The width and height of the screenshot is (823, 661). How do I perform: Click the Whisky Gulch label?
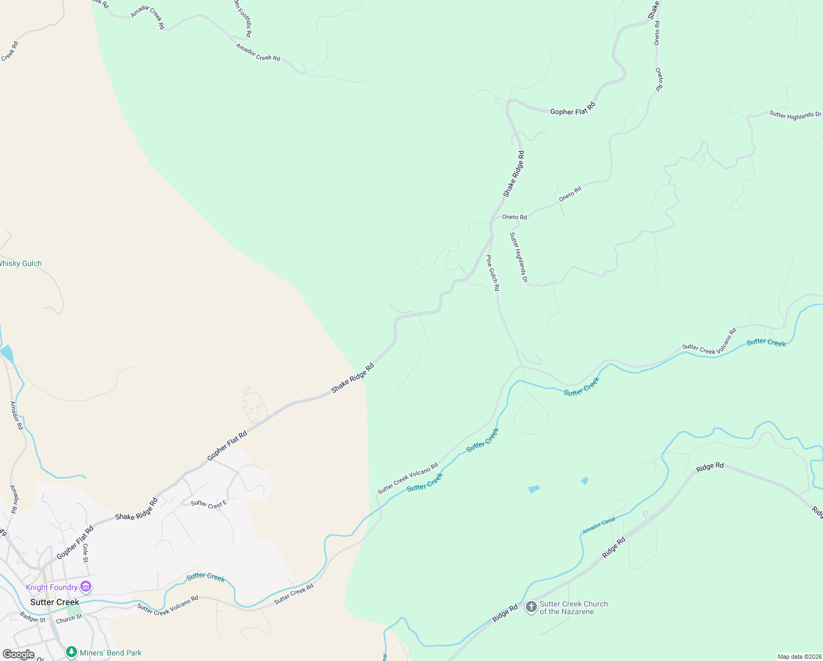tap(20, 264)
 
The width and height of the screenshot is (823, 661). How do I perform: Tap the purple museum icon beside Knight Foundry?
tap(86, 587)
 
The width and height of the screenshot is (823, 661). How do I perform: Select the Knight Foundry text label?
tap(52, 588)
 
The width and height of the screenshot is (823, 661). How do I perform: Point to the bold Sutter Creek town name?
tap(54, 602)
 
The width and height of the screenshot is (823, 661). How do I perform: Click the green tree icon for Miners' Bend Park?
tap(71, 652)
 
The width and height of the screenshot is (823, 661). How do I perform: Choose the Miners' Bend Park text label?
tap(111, 653)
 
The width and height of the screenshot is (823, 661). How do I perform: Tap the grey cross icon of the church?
tap(531, 607)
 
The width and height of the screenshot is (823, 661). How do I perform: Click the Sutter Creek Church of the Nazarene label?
tap(574, 608)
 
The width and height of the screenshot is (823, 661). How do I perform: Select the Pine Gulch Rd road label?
tap(493, 273)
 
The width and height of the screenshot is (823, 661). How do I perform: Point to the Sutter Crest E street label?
tap(209, 504)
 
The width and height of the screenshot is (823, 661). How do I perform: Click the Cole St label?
tap(85, 552)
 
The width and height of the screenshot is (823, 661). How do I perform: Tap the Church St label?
tap(69, 619)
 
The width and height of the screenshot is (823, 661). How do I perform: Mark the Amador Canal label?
tap(599, 525)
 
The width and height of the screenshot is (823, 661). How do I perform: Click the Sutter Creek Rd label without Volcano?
tap(294, 594)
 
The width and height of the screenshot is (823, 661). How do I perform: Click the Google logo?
tap(18, 654)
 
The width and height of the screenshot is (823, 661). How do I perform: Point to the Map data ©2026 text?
tap(799, 657)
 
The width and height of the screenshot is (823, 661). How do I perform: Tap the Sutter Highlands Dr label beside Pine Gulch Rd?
tap(518, 257)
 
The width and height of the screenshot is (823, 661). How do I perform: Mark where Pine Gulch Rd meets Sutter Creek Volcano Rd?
tap(520, 366)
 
